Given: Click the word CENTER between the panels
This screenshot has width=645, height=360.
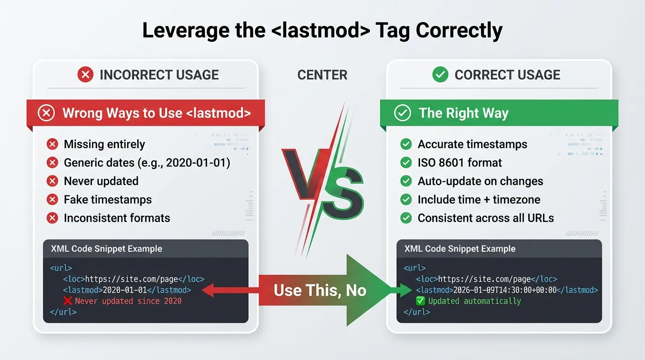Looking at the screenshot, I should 322,75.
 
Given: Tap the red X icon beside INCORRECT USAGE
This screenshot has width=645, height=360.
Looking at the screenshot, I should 85,75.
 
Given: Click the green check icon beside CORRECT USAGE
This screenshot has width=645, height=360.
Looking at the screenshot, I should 440,75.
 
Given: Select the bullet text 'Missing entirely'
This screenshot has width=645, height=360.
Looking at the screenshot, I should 104,144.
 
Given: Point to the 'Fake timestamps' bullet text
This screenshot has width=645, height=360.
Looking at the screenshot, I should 108,200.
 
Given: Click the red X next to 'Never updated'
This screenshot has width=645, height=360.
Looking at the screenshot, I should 52,181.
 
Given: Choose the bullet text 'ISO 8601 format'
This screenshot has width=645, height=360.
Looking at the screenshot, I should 459,163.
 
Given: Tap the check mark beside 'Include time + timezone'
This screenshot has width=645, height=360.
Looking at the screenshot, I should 406,200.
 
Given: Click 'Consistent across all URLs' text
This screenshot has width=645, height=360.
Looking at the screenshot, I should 486,218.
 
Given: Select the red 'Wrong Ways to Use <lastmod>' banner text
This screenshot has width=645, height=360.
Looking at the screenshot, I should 157,113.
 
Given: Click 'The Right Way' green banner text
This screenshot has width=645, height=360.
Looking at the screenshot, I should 463,113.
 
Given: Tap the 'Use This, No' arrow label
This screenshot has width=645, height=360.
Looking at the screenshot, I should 320,290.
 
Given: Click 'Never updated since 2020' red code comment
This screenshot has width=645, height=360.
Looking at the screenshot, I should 128,301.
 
